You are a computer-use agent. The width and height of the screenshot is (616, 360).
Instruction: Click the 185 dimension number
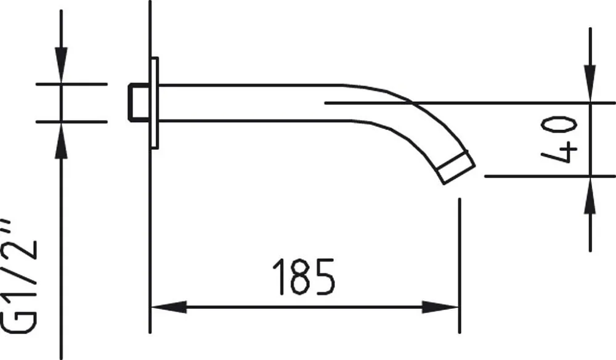coord(304,277)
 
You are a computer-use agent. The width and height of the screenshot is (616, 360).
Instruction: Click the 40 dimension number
coord(559,139)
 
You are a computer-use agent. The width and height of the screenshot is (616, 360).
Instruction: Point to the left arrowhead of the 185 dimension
coord(169,307)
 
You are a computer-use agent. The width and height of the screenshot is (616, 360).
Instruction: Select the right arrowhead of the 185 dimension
coord(440,307)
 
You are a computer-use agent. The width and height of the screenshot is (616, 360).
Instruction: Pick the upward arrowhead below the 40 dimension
coord(590,195)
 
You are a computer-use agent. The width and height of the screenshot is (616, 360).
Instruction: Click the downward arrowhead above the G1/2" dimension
coord(61,65)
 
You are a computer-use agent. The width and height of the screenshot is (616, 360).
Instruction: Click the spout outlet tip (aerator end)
coord(456,167)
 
